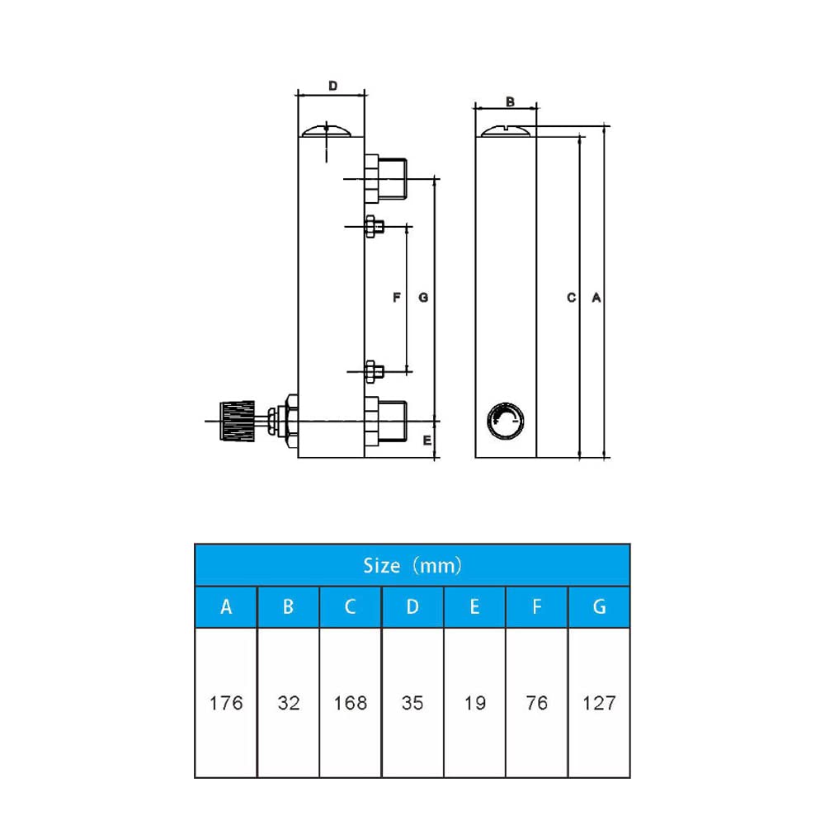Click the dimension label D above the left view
point(333,86)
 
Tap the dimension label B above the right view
point(510,101)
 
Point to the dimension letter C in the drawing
point(571,297)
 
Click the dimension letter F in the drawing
point(396,297)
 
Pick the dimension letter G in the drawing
point(422,297)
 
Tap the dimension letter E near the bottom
point(427,441)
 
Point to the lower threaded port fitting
point(386,420)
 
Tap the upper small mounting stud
point(374,227)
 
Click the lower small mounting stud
point(374,370)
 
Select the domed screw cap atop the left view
point(328,130)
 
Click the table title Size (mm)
point(412,565)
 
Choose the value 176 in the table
point(225,703)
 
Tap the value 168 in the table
point(350,703)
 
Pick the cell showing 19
point(474,703)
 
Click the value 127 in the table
point(599,703)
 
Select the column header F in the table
point(537,607)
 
